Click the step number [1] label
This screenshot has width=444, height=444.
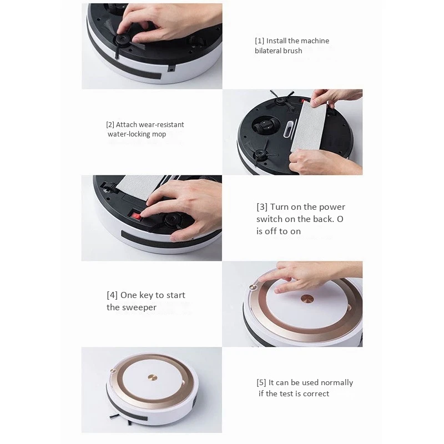pos(259,41)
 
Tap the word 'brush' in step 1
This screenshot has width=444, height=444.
pos(292,51)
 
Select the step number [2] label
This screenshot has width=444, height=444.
pos(110,125)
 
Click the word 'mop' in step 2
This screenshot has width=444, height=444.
pos(159,134)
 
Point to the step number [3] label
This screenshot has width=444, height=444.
pos(262,207)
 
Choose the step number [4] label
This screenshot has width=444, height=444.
pos(112,295)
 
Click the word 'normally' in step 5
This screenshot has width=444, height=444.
pos(336,383)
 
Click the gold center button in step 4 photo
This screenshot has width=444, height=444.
pos(306,298)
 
